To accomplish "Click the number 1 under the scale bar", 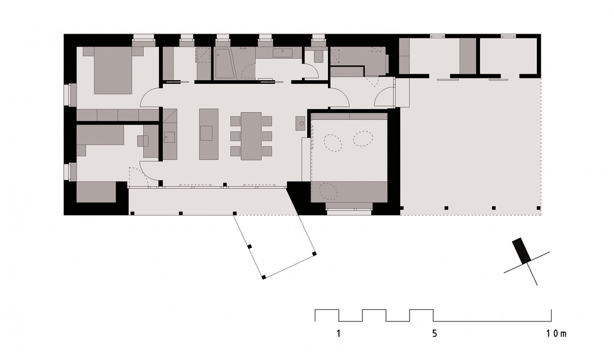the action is tap(338, 334).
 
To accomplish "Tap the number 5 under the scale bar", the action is tap(435, 334).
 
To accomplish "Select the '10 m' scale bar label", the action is tap(556, 334).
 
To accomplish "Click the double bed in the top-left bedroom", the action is tap(113, 71).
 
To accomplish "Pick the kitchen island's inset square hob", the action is tap(206, 133).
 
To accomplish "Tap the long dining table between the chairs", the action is tap(251, 136).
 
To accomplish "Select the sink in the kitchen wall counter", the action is tap(170, 137).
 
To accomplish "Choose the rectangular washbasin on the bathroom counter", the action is tap(282, 53).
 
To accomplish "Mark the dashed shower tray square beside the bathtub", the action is tap(203, 55).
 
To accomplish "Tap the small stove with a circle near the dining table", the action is tap(300, 123).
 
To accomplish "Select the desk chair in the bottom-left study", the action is tap(143, 141).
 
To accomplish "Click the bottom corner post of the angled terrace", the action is tap(264, 278).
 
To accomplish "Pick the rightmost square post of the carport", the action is tap(539, 208).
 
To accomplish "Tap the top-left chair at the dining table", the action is tap(235, 121).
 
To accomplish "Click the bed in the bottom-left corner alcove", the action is tap(96, 192).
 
